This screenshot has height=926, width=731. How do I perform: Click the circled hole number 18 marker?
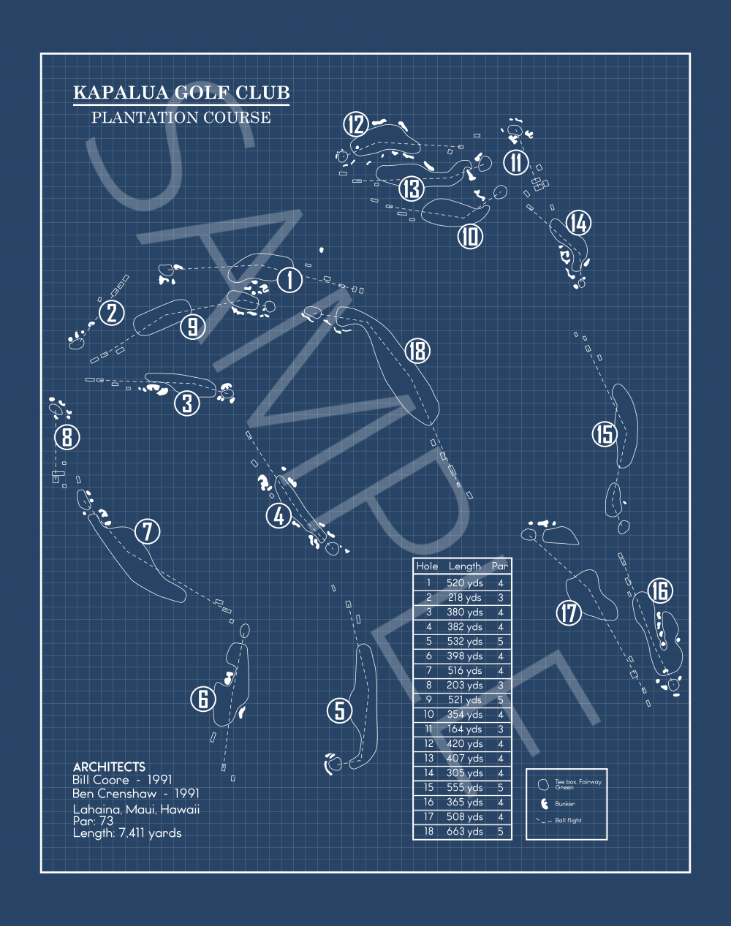coord(417,351)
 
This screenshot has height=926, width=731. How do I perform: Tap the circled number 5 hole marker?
coord(339,710)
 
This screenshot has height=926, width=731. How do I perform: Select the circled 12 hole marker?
coord(356,124)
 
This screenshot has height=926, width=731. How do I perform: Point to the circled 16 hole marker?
coord(659,591)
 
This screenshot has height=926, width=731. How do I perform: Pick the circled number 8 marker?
coord(67,438)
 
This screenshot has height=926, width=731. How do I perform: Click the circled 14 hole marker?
coord(578,223)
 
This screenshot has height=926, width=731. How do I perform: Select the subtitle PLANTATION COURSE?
coord(181,118)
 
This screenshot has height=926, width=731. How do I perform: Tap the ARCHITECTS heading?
coord(109,767)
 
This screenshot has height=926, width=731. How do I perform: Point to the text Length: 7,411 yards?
coord(127,833)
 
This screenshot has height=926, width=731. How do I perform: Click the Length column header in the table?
coord(464,566)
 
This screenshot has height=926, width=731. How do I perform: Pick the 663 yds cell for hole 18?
coord(464,831)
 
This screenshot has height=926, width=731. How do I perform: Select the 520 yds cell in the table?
coord(464,583)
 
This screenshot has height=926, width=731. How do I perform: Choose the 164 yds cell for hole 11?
coord(464,729)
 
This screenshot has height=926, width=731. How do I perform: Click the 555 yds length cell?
coord(464,787)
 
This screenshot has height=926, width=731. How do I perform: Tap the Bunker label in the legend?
coord(565,804)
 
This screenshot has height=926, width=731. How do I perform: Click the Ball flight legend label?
coord(569,821)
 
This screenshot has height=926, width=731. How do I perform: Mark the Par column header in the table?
coord(500,566)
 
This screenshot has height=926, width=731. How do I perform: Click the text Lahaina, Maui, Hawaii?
coord(136,809)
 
